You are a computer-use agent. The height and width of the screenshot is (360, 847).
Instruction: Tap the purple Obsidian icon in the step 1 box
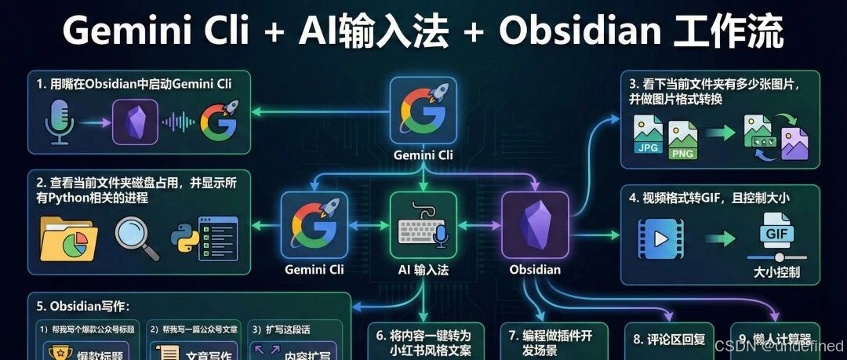coord(135,122)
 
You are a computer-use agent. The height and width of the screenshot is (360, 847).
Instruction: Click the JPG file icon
coord(649,136)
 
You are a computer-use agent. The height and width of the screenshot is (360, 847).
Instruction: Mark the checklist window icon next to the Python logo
coord(217,238)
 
